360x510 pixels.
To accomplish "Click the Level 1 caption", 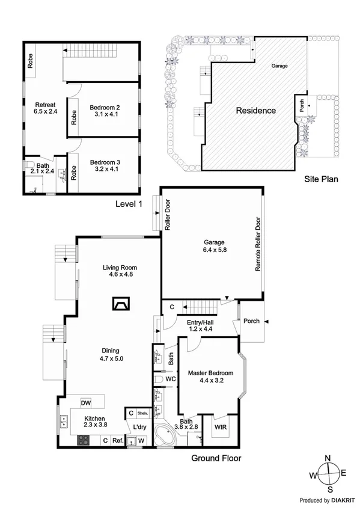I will point(129,204).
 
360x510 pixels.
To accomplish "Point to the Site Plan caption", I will point(322,179).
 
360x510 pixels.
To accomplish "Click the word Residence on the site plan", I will point(255,111).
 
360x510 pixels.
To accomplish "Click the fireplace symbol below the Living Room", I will point(120,304).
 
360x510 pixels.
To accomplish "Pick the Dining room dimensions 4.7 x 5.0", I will point(111,359).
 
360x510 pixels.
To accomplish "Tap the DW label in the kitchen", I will point(87,403).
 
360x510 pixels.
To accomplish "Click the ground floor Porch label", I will point(251,321).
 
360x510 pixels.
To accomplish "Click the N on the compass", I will point(328,459).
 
